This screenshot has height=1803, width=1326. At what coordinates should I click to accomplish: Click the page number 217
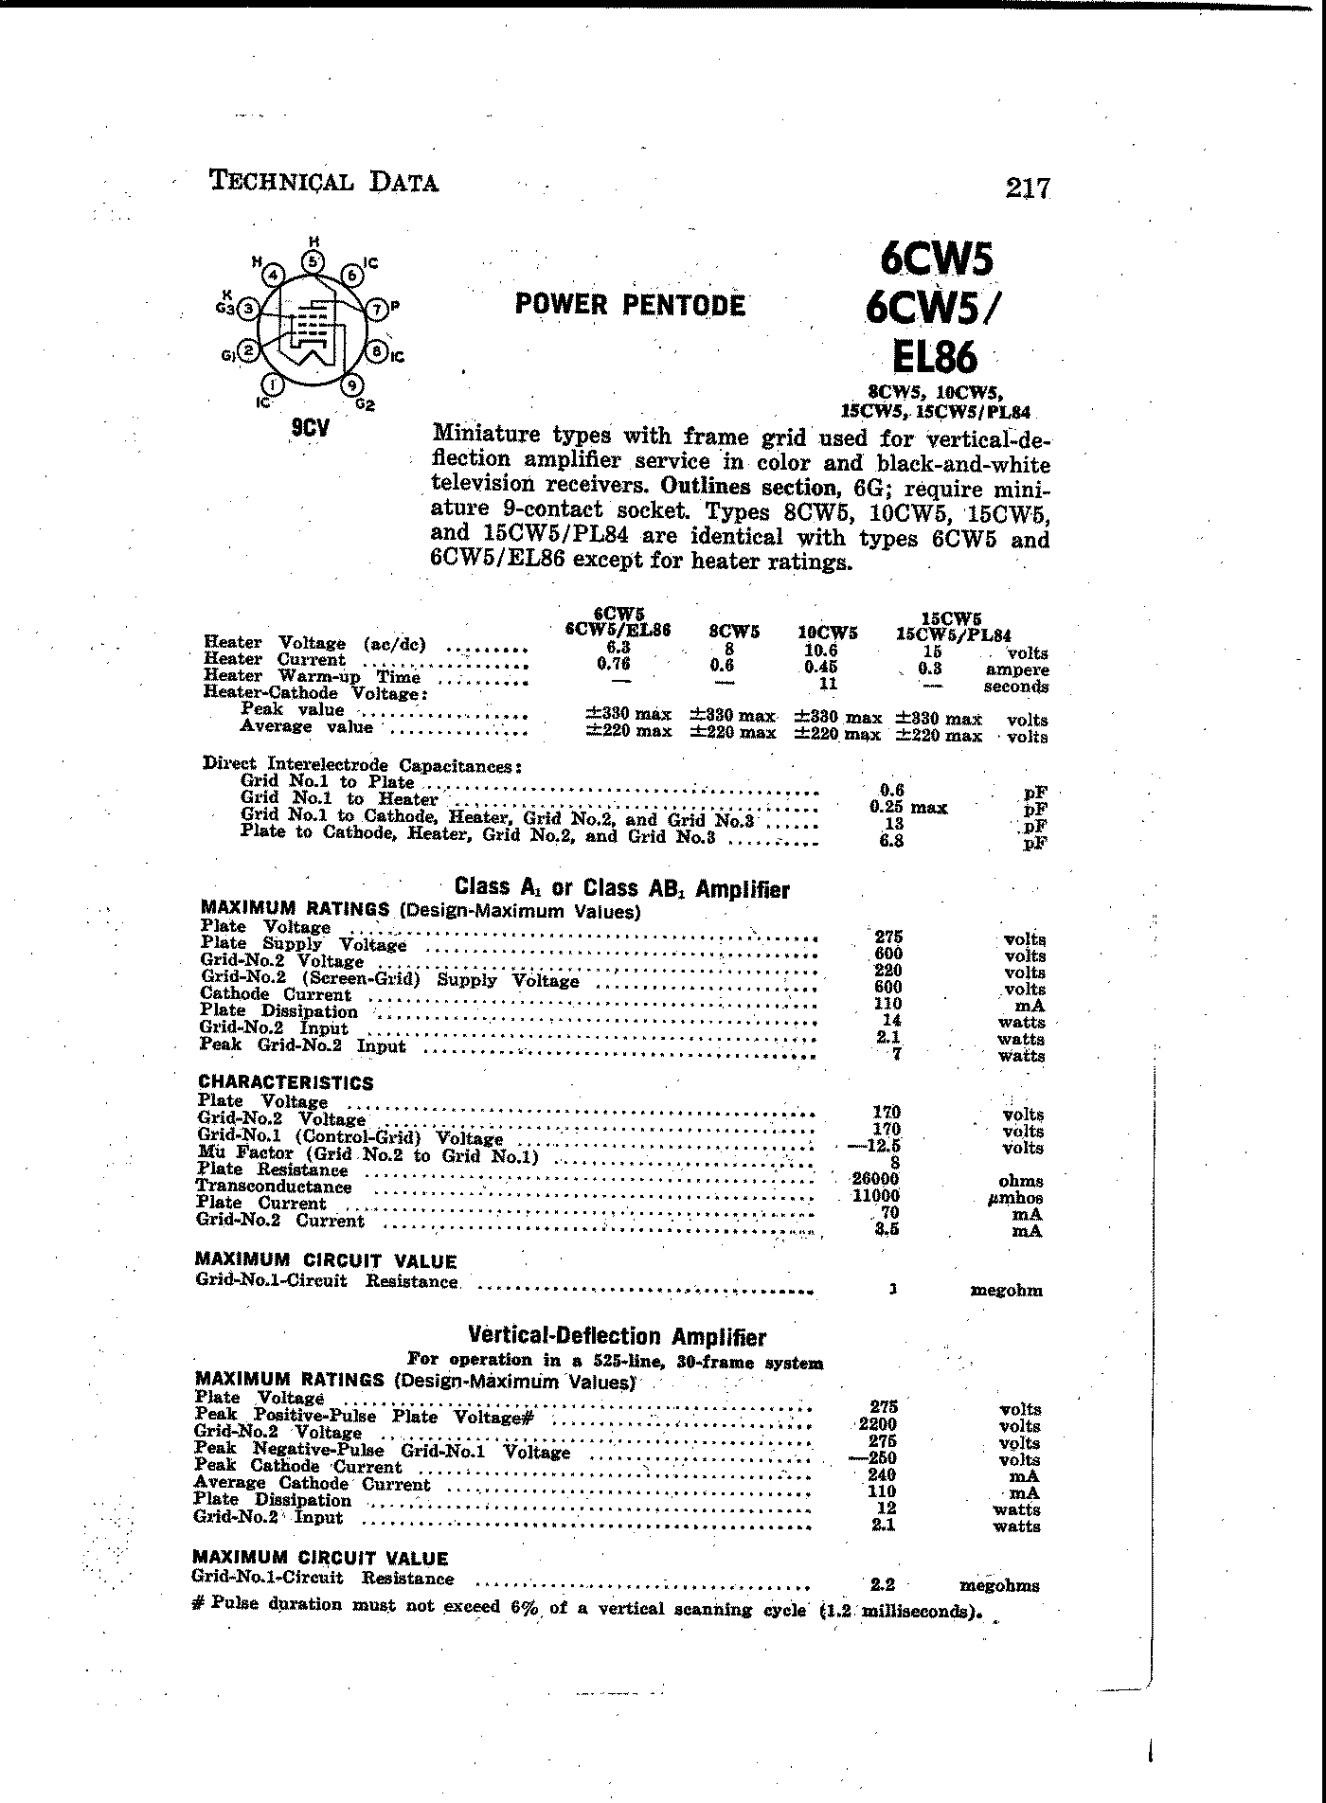pos(1028,188)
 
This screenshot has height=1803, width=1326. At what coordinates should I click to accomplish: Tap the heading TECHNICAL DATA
pos(324,182)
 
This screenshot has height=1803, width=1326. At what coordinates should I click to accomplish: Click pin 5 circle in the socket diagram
pos(312,261)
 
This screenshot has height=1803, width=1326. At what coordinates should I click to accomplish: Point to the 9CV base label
pos(310,429)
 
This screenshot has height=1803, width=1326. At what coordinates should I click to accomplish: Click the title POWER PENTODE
pos(630,305)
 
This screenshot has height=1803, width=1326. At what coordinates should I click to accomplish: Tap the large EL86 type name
pos(934,358)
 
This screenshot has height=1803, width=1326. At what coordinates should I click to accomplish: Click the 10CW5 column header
pos(827,633)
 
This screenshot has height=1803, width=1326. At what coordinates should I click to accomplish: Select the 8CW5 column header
pos(733,632)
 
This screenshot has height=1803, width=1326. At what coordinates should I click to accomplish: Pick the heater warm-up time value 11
pos(828,684)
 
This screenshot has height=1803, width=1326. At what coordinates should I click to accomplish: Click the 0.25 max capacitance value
pos(907,807)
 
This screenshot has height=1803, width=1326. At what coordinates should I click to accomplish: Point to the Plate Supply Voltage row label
pos(303,944)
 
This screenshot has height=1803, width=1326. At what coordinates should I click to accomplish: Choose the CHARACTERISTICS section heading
pos(285,1082)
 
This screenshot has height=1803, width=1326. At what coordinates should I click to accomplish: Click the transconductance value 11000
pos(877,1197)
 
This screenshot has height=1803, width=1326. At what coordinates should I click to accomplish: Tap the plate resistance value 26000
pos(877,1180)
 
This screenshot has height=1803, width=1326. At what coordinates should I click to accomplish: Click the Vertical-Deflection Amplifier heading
pos(617,1337)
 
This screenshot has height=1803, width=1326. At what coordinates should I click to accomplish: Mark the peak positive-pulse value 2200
pos(877,1424)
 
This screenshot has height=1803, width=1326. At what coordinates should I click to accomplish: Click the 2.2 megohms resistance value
pos(882,1583)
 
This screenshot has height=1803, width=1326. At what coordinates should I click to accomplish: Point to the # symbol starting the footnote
pos(199,1604)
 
